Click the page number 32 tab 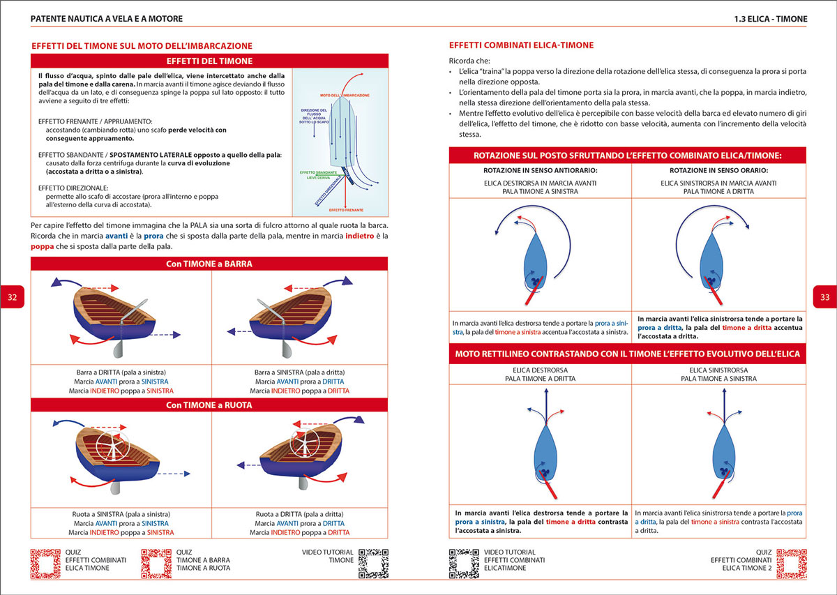point(13,297)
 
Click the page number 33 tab point(824,297)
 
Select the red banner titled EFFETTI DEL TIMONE point(209,61)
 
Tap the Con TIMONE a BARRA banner point(209,264)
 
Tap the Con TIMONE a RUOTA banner point(209,405)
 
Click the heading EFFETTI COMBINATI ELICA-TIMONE point(521,45)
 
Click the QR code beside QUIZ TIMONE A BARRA point(156,564)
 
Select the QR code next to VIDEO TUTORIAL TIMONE point(372,564)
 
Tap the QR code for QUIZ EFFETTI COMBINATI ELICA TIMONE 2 point(791,564)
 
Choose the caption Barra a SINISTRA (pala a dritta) point(300,372)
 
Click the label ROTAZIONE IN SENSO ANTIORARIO point(541,170)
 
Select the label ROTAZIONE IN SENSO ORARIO point(718,170)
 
